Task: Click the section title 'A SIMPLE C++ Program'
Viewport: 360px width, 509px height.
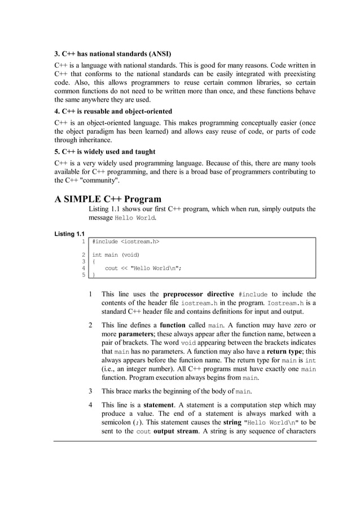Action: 108,199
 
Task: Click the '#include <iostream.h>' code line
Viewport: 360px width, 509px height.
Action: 126,242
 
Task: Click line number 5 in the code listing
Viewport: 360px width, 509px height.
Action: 84,275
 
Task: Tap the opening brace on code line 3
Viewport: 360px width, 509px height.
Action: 94,261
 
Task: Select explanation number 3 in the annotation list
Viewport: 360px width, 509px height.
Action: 91,390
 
